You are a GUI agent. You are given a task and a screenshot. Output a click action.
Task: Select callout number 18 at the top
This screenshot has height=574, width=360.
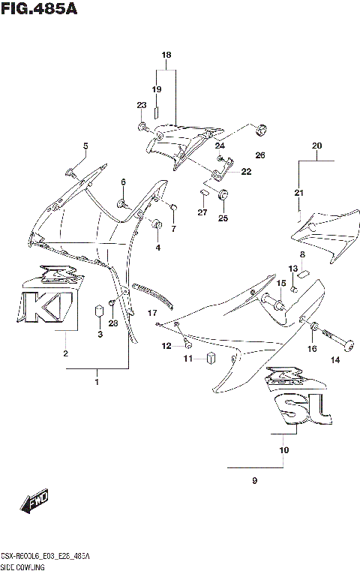pos(166,56)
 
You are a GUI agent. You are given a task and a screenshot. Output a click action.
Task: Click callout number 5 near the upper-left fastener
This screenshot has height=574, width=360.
pos(85,146)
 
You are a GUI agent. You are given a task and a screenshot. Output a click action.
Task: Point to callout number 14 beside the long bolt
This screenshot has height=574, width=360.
pos(335,360)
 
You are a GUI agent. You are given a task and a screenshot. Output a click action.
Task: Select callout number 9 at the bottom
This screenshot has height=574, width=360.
pos(254,480)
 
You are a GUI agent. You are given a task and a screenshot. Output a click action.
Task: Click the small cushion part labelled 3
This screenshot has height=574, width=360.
pos(97,311)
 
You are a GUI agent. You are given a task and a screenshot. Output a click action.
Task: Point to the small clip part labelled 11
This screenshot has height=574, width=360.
pos(212,358)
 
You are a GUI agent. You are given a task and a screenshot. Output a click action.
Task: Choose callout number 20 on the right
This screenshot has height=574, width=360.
pos(316,145)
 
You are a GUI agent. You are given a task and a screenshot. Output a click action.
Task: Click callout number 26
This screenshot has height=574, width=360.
pos(259,155)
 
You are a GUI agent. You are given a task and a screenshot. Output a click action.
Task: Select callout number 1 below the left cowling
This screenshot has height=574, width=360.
pos(96,383)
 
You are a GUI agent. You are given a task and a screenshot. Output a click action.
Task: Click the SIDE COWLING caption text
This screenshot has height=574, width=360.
pos(23,568)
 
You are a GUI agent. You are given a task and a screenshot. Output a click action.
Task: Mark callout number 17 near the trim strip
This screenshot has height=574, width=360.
pos(151,312)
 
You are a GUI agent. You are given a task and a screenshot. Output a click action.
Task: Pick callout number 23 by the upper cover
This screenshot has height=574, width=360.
pos(142,105)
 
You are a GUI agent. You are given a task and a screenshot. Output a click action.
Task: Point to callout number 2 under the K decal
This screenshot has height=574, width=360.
pos(65,353)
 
